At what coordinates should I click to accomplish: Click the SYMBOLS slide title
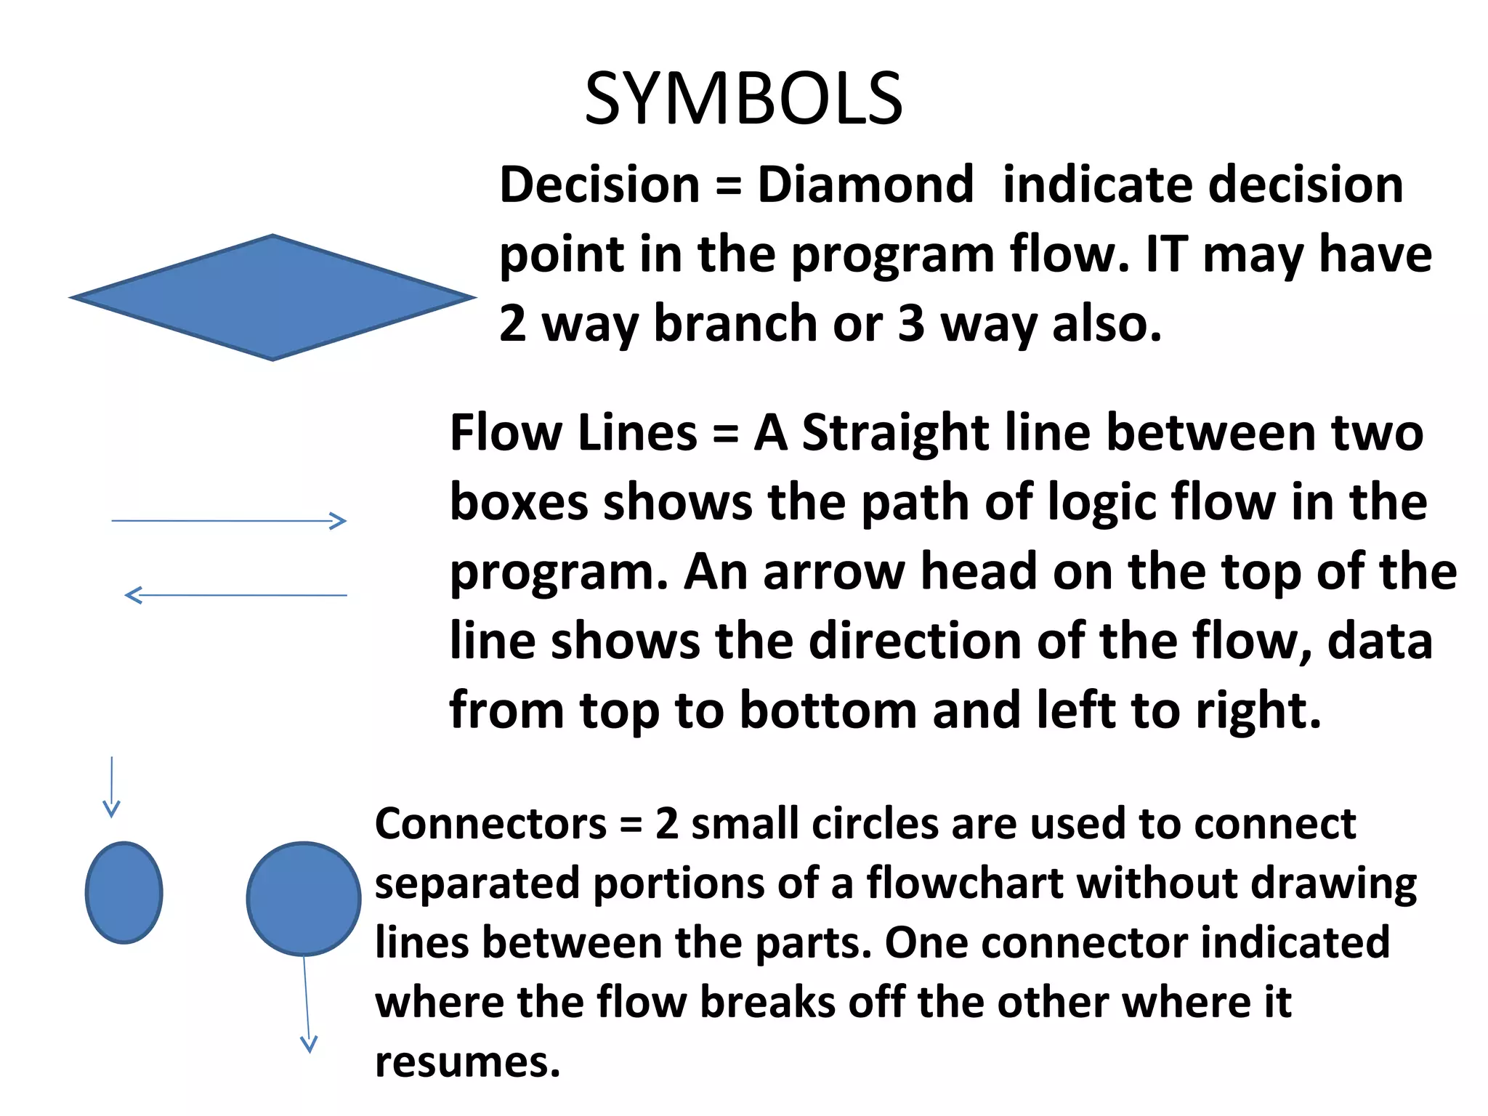743,100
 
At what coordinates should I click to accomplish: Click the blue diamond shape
272,297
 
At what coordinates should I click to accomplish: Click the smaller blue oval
124,893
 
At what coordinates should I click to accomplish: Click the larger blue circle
304,899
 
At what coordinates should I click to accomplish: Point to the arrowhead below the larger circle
309,1044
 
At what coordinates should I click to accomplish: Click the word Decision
599,185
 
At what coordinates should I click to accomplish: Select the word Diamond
865,185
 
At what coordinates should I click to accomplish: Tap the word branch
735,323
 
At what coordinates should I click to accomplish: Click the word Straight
895,433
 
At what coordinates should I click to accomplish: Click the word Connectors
490,824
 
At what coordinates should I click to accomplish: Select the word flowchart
965,883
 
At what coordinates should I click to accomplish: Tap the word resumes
468,1062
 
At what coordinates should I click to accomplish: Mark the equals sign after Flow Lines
725,434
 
